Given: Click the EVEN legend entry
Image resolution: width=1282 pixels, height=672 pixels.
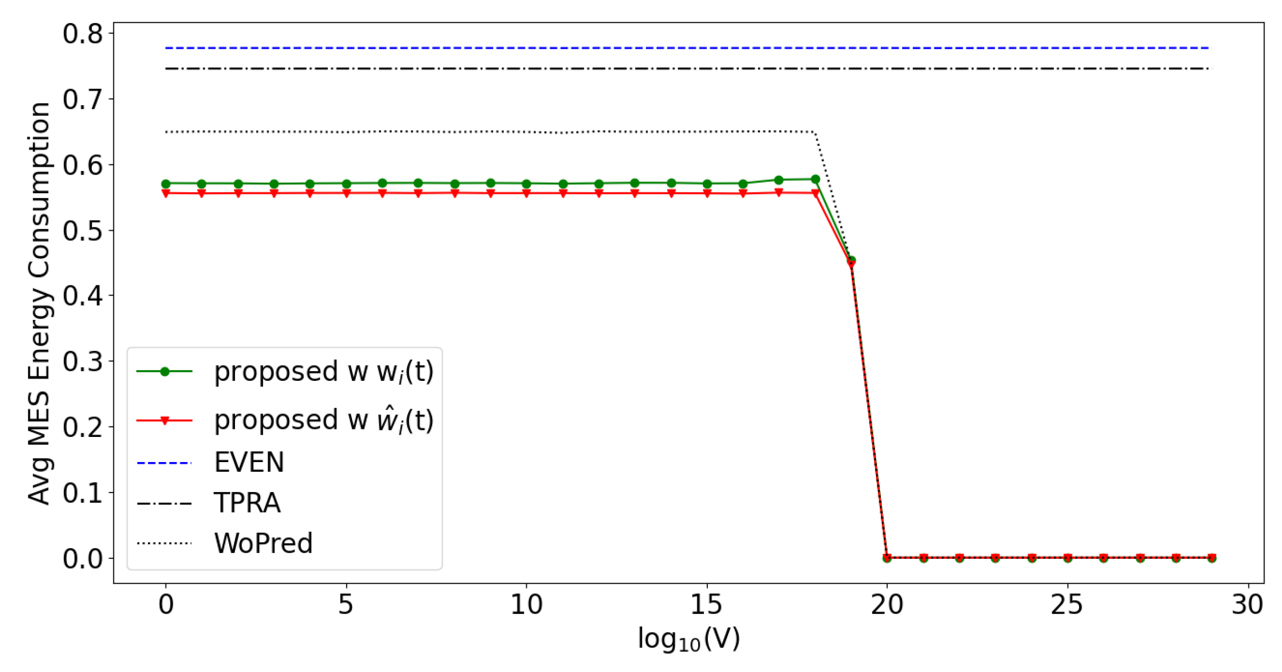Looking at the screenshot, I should coord(249,462).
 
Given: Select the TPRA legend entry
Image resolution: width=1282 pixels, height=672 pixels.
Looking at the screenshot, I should coord(247,503).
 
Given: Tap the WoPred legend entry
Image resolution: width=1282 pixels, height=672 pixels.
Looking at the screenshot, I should coord(263,543).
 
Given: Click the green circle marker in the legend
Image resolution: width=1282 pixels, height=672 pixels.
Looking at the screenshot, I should coord(165,372).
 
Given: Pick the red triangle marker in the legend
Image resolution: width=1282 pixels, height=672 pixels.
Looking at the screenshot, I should coord(165,420).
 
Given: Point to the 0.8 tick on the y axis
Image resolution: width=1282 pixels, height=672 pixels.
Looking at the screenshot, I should coord(83,34).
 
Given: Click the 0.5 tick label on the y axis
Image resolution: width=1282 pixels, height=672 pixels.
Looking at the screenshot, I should coord(83,230).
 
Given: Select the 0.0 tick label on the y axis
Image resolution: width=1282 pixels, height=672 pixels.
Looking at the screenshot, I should coord(83,558).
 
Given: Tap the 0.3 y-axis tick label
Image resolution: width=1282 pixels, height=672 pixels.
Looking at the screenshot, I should coord(83,362).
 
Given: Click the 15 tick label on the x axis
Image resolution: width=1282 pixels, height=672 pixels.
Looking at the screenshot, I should coord(707,605).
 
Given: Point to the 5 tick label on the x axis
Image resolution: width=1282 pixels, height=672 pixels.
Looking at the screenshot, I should coord(346,605).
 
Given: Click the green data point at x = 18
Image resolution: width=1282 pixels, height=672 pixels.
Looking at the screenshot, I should coord(815,179).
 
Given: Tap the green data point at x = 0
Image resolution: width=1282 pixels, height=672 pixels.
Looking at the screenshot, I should coord(166,184).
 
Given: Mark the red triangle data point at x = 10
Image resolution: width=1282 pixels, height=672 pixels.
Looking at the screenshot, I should coord(527,193).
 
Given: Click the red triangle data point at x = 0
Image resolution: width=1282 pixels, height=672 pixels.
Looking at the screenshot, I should coord(166,193).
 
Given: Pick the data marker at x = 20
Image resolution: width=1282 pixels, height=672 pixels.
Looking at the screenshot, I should coord(887,558).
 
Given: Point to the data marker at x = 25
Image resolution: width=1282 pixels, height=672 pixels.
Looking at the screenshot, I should coord(1068,558).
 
